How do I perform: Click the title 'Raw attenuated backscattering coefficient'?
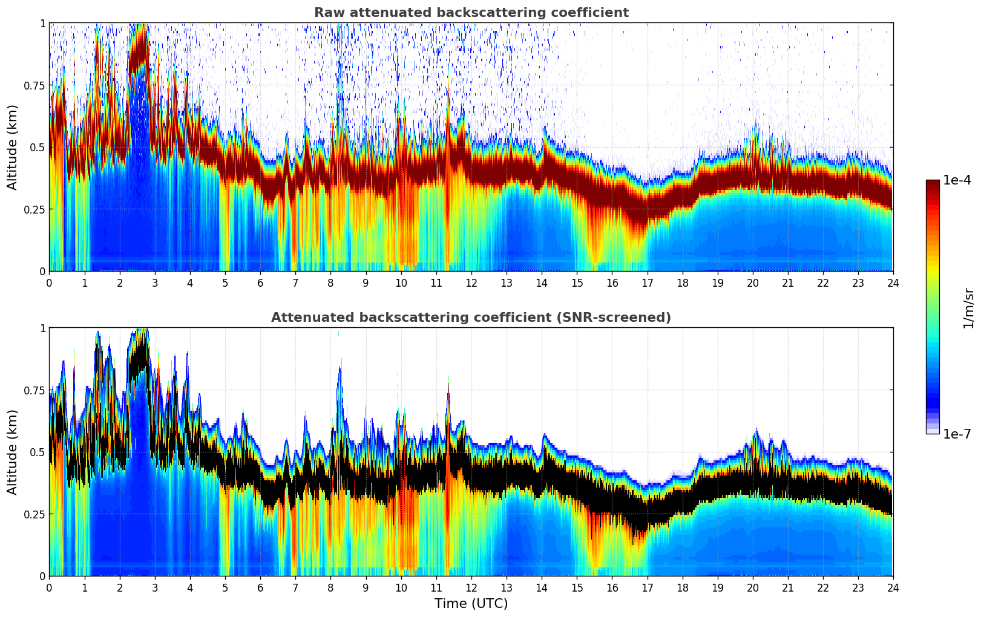click(x=471, y=13)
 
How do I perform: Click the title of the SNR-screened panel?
click(x=471, y=318)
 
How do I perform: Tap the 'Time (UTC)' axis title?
click(x=471, y=604)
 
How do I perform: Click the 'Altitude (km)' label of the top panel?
click(x=13, y=147)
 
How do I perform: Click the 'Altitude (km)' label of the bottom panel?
click(x=13, y=452)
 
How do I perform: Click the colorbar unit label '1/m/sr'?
click(x=968, y=308)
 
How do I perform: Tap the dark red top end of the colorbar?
click(x=933, y=184)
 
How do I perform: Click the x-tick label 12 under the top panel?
click(x=471, y=283)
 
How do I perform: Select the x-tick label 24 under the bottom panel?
click(x=893, y=588)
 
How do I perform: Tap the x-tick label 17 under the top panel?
click(x=647, y=283)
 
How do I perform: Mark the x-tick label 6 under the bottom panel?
click(x=260, y=588)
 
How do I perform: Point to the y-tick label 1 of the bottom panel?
click(x=42, y=328)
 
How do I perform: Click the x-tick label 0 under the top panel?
click(x=49, y=283)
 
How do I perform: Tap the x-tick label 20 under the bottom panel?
click(x=752, y=588)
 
